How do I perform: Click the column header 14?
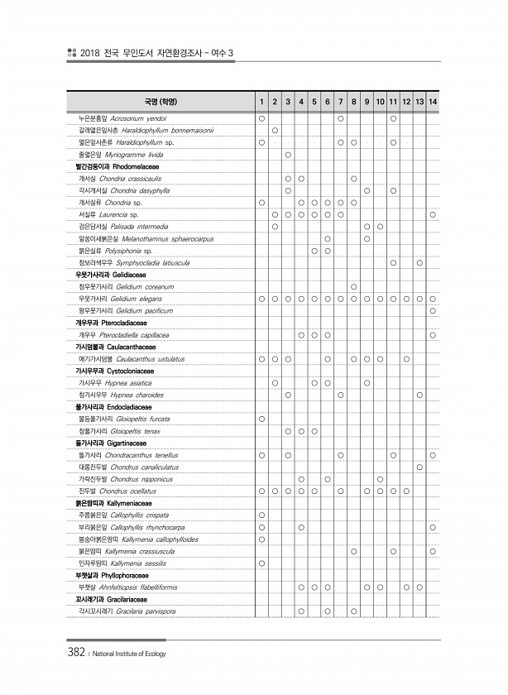point(434,102)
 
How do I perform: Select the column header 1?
point(261,102)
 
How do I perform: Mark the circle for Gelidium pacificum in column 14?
point(434,310)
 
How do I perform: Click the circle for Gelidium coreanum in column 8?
point(353,286)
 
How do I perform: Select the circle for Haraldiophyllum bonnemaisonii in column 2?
point(275,131)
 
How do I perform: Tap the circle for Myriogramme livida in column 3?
point(288,155)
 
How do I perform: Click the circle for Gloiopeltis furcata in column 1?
point(261,419)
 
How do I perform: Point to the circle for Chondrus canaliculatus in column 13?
point(420,467)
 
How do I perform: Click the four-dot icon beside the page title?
point(72,54)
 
